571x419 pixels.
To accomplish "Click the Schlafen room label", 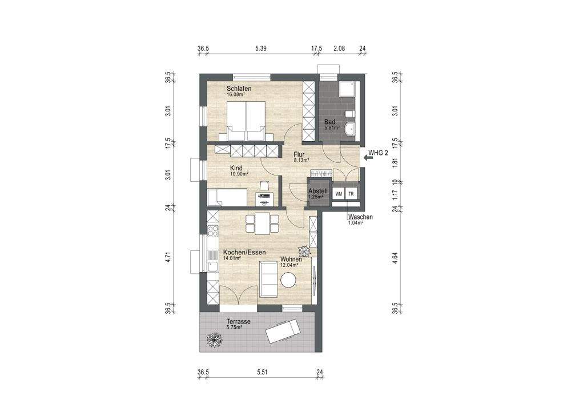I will pyautogui.click(x=239, y=89).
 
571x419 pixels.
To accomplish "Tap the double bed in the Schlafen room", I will pyautogui.click(x=247, y=121).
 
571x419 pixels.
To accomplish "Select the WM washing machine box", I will pyautogui.click(x=339, y=194).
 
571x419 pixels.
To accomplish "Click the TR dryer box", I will pyautogui.click(x=352, y=194).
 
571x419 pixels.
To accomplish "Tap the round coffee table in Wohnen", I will pyautogui.click(x=288, y=280).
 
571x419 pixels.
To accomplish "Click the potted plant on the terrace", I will pyautogui.click(x=214, y=341).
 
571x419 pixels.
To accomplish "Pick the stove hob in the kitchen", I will pyautogui.click(x=212, y=232).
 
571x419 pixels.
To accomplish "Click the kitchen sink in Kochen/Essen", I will pyautogui.click(x=212, y=266).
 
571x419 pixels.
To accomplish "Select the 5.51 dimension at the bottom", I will pyautogui.click(x=262, y=372).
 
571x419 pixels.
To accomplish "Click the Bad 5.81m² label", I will pyautogui.click(x=331, y=125).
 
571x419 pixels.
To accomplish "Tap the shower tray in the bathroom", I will pyautogui.click(x=347, y=90).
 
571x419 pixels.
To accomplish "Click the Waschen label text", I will pyautogui.click(x=360, y=217).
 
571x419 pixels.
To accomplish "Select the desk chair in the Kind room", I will pyautogui.click(x=263, y=185).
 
